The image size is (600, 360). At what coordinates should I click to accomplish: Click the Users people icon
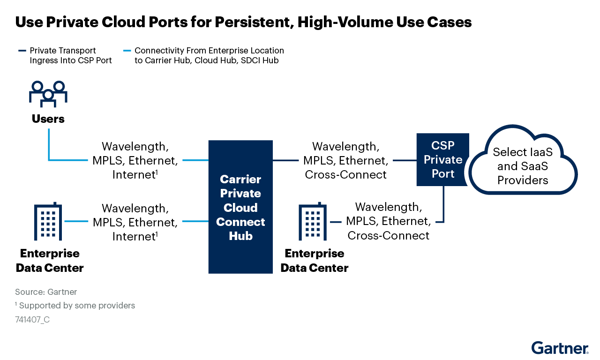tap(48, 93)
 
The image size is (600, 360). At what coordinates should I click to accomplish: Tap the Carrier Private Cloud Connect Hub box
tap(240, 207)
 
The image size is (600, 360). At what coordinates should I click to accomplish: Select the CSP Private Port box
tap(442, 159)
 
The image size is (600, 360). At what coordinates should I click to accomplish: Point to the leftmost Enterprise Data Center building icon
tap(48, 221)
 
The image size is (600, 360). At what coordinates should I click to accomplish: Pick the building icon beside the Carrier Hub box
tap(313, 221)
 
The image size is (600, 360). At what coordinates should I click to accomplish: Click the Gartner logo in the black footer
tap(560, 348)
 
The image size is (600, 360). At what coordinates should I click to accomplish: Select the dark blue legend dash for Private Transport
tap(22, 51)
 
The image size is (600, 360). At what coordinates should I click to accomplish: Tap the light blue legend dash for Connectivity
tap(127, 51)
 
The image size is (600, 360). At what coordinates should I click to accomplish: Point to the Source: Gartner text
tap(46, 292)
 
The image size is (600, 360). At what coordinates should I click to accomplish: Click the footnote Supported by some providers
tap(76, 306)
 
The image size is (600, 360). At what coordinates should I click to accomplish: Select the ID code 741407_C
tap(32, 320)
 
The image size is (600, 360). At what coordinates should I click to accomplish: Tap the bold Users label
tap(48, 119)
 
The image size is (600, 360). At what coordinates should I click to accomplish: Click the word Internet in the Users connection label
tap(133, 175)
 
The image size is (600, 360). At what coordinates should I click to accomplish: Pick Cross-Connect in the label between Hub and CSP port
tap(345, 175)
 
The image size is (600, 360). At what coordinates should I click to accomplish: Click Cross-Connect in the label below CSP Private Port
tap(388, 235)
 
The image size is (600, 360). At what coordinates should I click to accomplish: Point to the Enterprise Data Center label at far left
tap(50, 261)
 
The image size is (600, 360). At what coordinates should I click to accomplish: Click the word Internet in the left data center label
tap(133, 237)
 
